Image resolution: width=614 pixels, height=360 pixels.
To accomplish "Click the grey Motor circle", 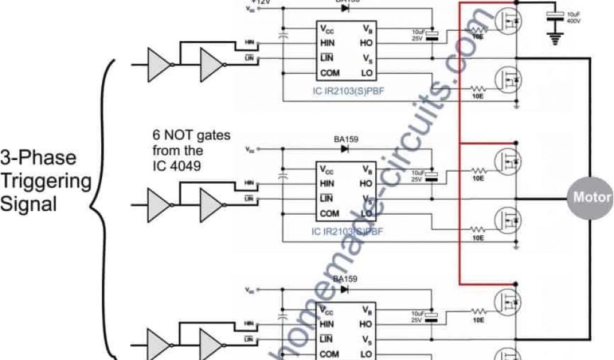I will pyautogui.click(x=591, y=197).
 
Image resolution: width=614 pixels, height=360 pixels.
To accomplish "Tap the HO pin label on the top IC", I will pyautogui.click(x=367, y=43).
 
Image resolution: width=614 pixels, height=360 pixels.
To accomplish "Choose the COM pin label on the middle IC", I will pyautogui.click(x=329, y=213).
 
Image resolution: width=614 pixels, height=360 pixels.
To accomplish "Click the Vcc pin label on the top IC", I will pyautogui.click(x=327, y=28).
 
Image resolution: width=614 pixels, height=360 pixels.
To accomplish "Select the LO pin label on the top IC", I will pyautogui.click(x=367, y=73).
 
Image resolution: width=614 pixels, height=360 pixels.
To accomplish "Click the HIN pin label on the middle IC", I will pyautogui.click(x=327, y=183).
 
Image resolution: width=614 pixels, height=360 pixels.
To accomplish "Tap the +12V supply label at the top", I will pyautogui.click(x=262, y=2).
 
